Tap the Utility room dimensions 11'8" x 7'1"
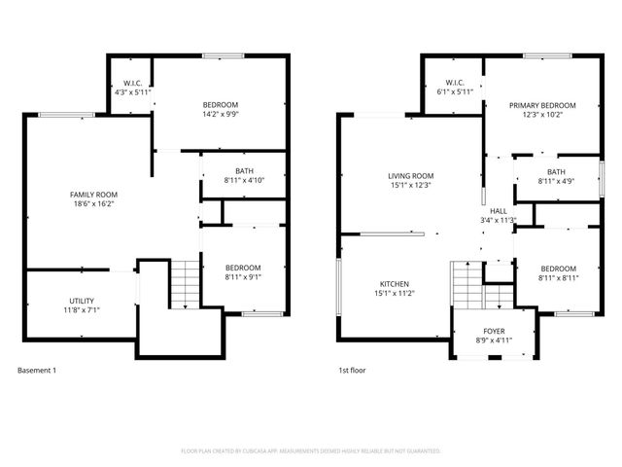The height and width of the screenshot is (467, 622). point(82,309)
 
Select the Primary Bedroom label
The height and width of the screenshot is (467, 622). point(542,105)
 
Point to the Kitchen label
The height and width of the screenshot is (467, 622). point(394,284)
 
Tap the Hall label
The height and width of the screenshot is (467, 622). point(498,210)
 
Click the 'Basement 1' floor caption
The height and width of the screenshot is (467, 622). point(37,371)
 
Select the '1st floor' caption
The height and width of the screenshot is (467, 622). point(352,371)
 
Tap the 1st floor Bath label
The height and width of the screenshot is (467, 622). point(556,171)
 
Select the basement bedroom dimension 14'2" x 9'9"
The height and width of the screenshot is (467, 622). point(220,114)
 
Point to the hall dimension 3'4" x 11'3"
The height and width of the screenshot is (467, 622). point(498,220)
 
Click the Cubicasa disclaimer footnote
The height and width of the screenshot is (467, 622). point(311,451)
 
